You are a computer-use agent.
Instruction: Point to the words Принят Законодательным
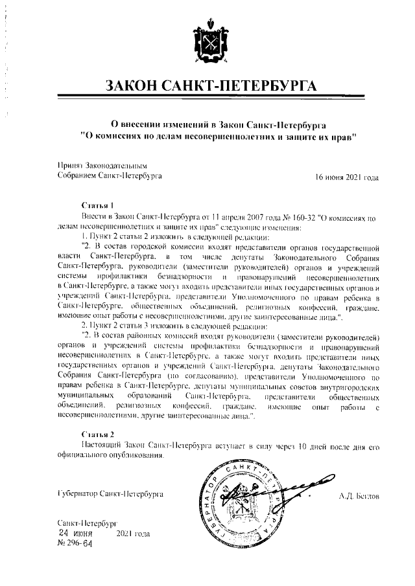pyautogui.click(x=93, y=166)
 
